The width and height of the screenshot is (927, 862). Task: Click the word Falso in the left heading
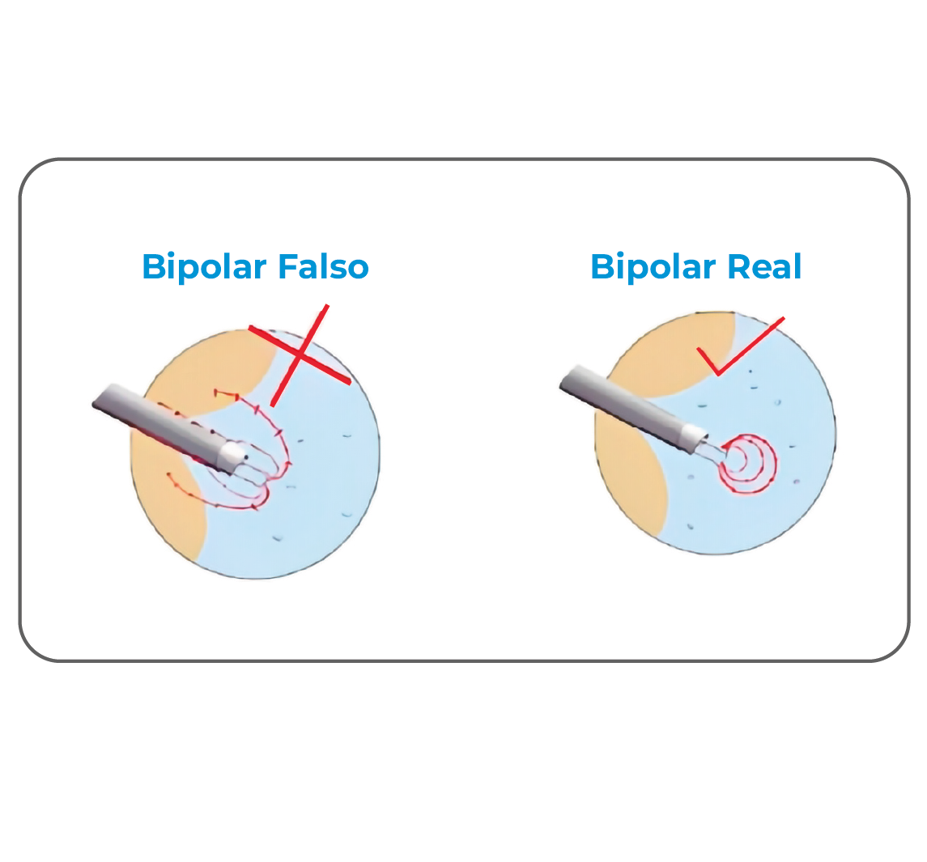pos(324,267)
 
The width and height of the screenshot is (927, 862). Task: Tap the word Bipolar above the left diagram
pos(206,267)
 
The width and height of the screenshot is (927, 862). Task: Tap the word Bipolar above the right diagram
pos(653,267)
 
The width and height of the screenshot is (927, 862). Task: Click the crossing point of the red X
pos(300,355)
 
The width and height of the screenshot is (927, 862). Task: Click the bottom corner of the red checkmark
pos(717,374)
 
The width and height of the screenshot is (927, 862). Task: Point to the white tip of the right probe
pos(695,440)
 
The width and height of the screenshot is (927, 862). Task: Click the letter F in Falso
pos(287,267)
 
